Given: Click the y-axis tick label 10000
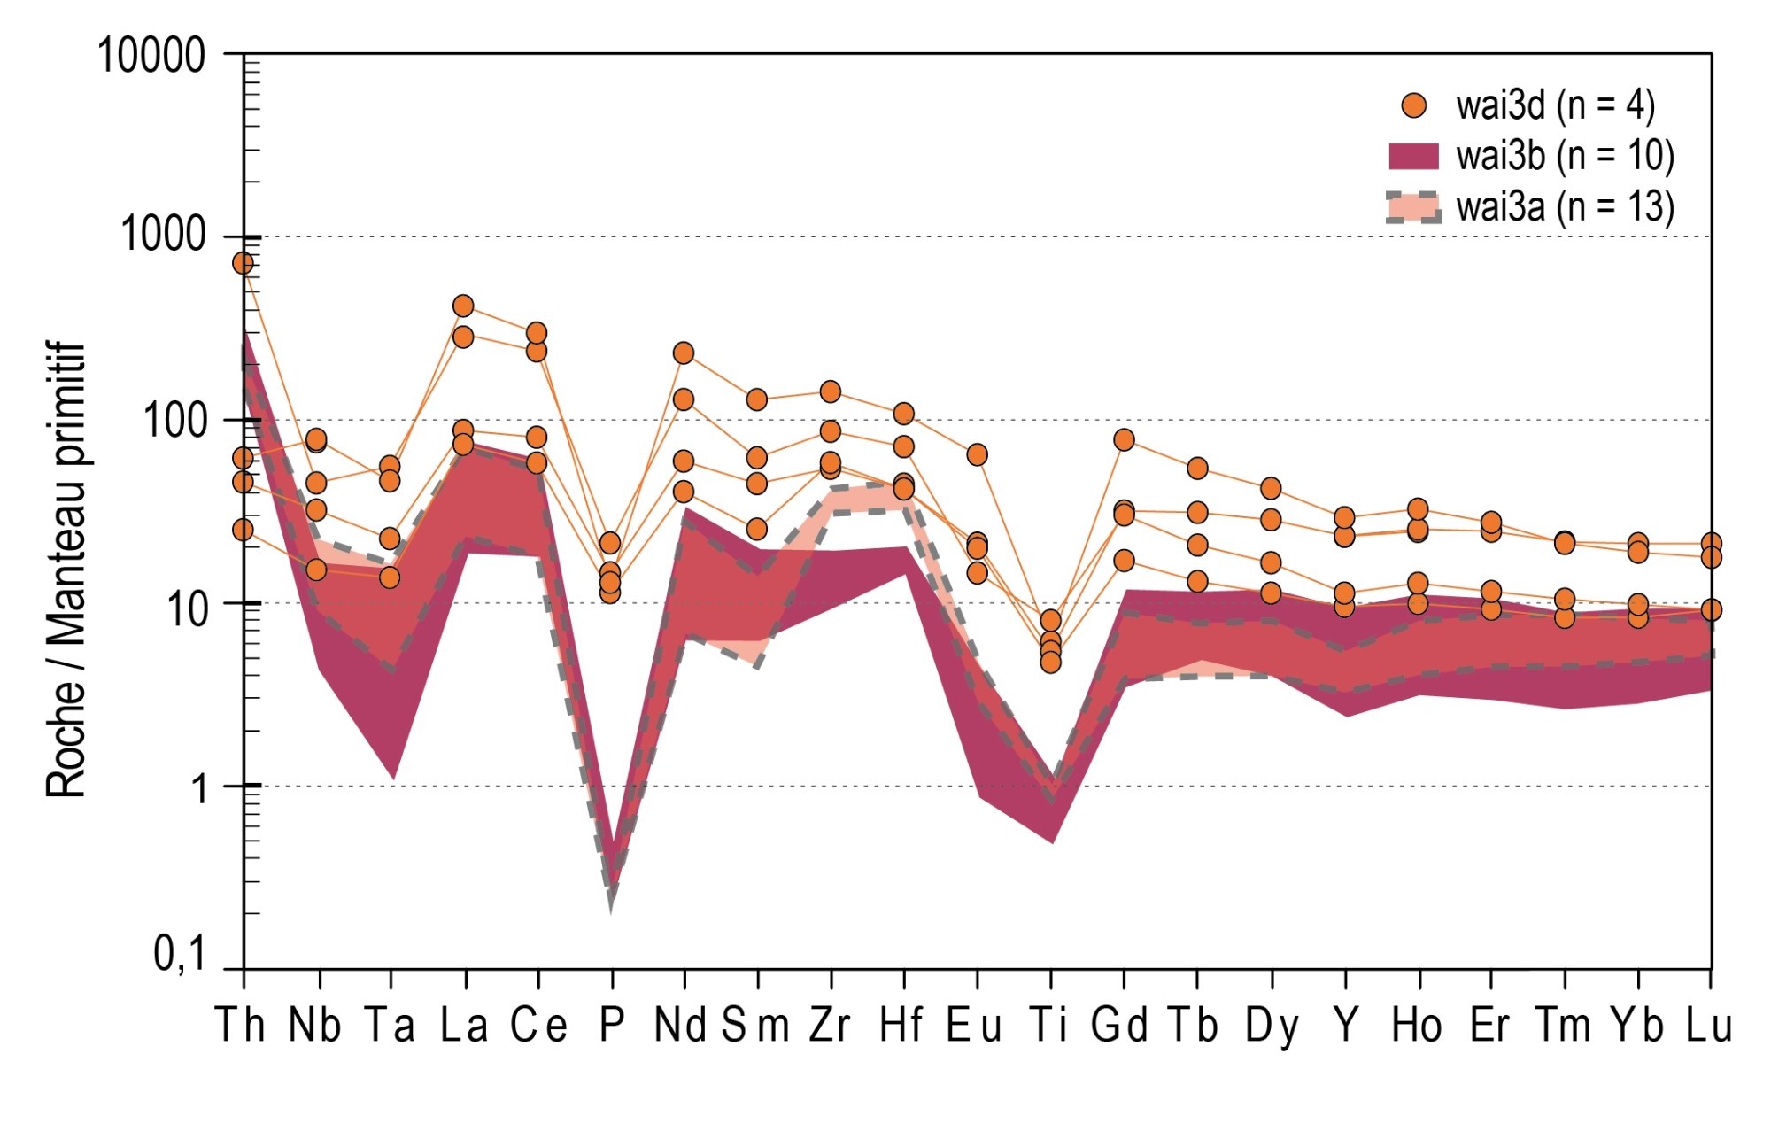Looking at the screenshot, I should pos(151,56).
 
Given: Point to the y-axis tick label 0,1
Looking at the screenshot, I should pos(180,955).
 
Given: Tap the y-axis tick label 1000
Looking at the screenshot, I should pos(163,236).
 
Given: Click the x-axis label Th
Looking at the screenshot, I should pos(241,1026).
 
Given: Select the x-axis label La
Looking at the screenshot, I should pos(464,1026).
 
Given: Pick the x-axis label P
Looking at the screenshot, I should pos(611,1026).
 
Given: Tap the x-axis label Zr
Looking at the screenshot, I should pos(830,1026).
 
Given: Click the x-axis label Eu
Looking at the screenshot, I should pos(974,1026).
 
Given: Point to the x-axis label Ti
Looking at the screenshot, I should pos(1050,1026).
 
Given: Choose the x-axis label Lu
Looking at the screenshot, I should pos(1708,1026).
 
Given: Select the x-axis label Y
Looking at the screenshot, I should pos(1345,1026).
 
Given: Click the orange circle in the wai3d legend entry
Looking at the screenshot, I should pos(1414,106).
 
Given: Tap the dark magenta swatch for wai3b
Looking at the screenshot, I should pos(1413,156).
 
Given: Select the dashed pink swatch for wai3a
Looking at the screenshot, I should pos(1413,207).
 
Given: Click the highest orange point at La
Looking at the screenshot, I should pos(463,306).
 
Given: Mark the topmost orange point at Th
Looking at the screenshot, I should pos(243,263).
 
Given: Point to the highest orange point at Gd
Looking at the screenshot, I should pos(1124,439).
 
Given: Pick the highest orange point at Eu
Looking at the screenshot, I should pos(977,454).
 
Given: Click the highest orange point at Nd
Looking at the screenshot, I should pos(683,353).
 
